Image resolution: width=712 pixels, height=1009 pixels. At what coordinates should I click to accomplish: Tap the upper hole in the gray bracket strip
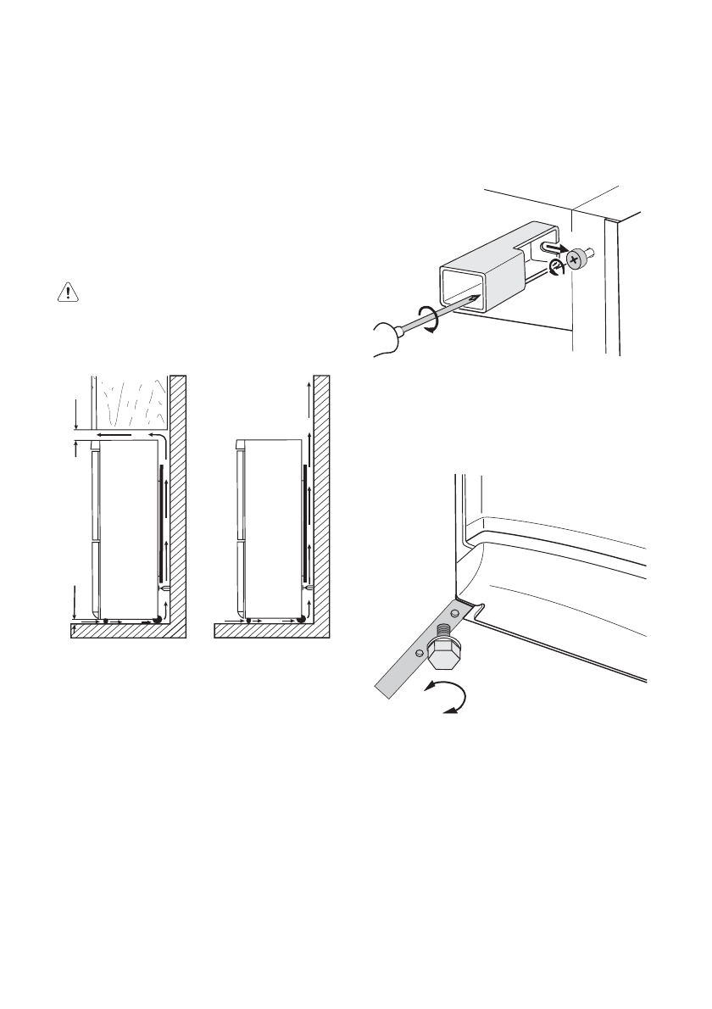pyautogui.click(x=454, y=611)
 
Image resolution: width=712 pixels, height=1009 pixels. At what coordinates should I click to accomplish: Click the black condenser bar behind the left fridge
pyautogui.click(x=160, y=519)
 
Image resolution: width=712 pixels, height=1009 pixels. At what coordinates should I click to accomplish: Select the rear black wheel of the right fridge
pyautogui.click(x=302, y=619)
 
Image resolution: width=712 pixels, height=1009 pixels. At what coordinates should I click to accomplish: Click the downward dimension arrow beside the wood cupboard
pyautogui.click(x=76, y=415)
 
